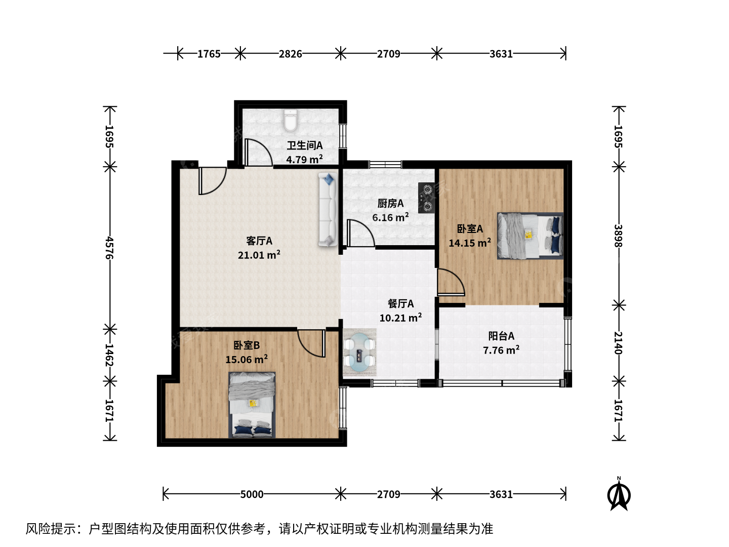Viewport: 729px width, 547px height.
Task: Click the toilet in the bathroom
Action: (x=290, y=121)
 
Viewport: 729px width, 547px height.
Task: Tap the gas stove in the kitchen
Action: (x=426, y=198)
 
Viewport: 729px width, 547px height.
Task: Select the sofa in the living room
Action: (x=328, y=210)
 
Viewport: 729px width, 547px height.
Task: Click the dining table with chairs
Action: (x=359, y=353)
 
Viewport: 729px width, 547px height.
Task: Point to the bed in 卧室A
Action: (x=530, y=236)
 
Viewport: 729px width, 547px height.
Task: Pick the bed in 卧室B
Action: (x=252, y=405)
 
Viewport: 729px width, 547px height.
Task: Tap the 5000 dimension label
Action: (x=252, y=494)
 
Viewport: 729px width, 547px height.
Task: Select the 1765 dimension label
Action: (x=209, y=54)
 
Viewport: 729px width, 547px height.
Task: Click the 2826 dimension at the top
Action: (x=290, y=54)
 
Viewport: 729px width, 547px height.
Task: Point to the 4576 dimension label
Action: (x=109, y=248)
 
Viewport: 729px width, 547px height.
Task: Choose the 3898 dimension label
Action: (x=618, y=236)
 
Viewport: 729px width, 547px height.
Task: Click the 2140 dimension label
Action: (x=618, y=343)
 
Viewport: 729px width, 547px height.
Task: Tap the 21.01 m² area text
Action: (x=259, y=255)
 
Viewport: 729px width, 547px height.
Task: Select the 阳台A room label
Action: (x=501, y=336)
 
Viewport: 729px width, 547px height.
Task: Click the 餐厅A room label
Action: (x=401, y=303)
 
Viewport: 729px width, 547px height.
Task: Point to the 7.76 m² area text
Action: (x=501, y=350)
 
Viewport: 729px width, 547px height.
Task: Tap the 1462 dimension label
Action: (x=109, y=355)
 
